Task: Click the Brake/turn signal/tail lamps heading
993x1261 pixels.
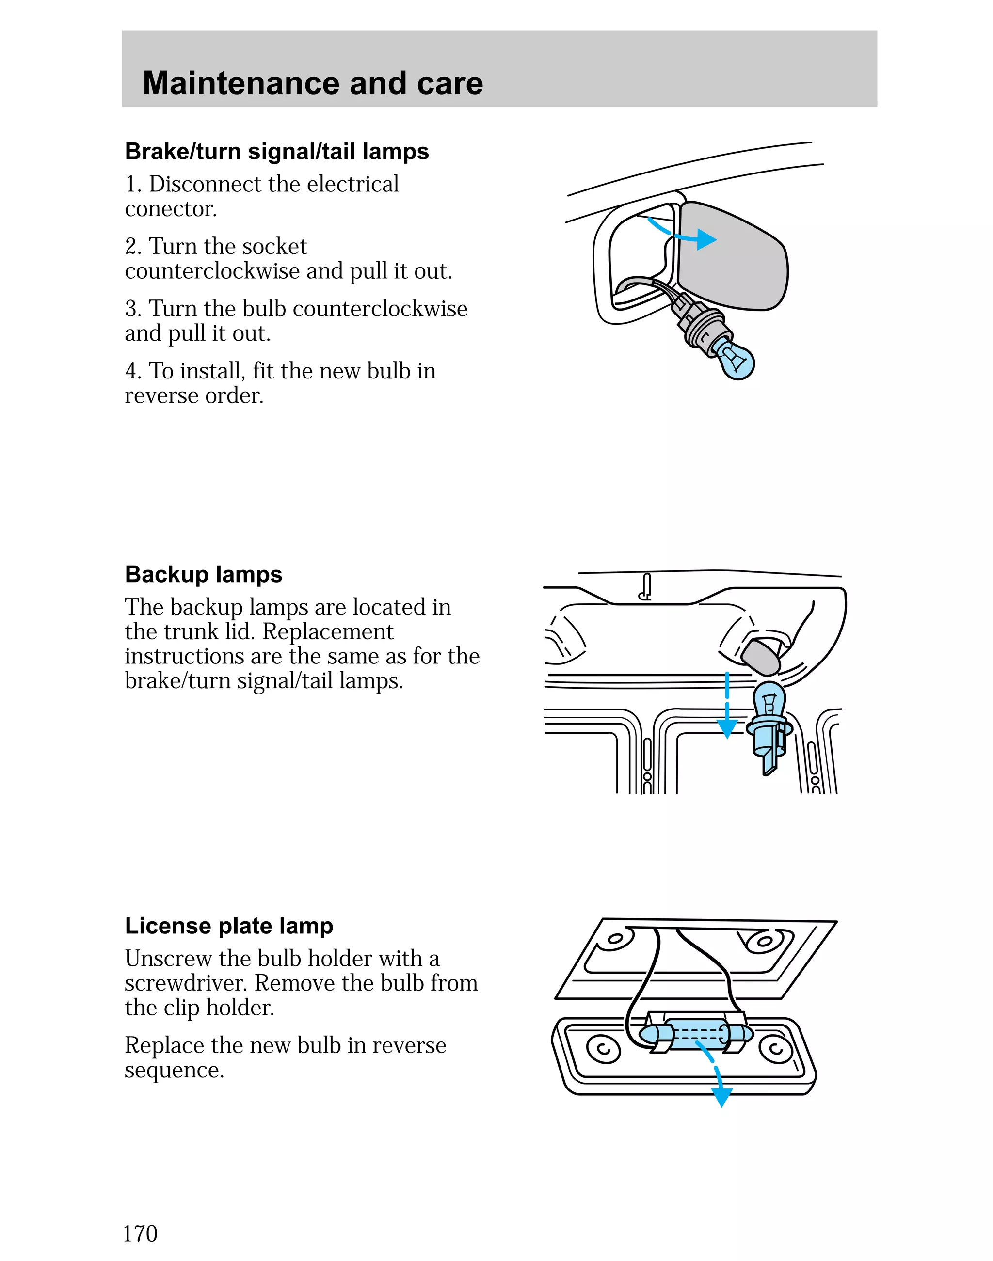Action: pyautogui.click(x=277, y=152)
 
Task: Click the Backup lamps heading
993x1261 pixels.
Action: pyautogui.click(x=204, y=574)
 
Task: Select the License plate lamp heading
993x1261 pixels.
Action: pyautogui.click(x=228, y=926)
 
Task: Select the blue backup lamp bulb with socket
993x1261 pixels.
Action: pyautogui.click(x=769, y=726)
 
